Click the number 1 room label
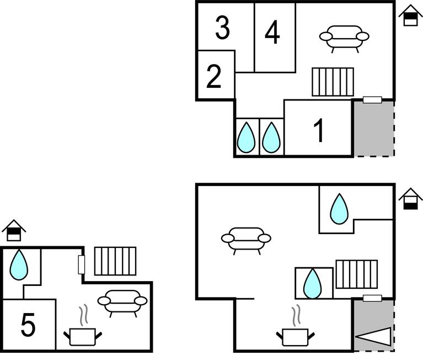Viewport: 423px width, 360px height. [x=319, y=130]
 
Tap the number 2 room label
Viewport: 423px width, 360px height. [x=214, y=76]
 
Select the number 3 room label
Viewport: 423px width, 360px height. [x=223, y=27]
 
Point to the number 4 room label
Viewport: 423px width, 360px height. [x=272, y=33]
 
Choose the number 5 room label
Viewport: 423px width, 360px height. [x=28, y=325]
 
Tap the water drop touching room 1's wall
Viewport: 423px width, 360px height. [x=271, y=137]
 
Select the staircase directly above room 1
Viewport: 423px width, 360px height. [x=333, y=82]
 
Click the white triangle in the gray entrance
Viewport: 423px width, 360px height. [x=373, y=336]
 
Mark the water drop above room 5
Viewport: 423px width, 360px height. [x=19, y=264]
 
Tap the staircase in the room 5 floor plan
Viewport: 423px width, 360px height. [x=115, y=261]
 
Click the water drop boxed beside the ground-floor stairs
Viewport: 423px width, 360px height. [x=313, y=283]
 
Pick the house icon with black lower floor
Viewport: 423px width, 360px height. [x=410, y=199]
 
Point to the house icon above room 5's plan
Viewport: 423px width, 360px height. [x=14, y=230]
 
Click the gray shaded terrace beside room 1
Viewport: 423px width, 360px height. [x=374, y=129]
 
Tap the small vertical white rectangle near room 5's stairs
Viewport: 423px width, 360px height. [x=82, y=264]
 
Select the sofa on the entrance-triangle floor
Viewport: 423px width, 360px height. [x=246, y=241]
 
